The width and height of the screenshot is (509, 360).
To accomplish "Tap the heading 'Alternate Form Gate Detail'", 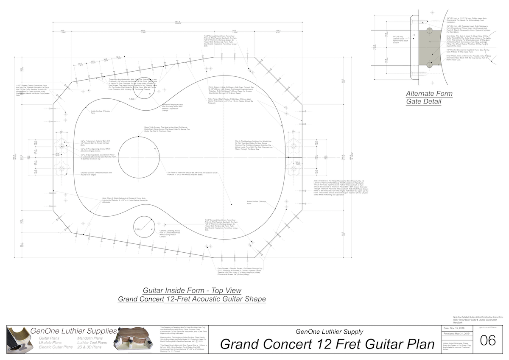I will pyautogui.click(x=429, y=98).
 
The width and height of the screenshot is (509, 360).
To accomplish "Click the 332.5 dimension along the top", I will pyautogui.click(x=143, y=31).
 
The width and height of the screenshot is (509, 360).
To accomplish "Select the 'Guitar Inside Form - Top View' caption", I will pyautogui.click(x=192, y=290).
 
